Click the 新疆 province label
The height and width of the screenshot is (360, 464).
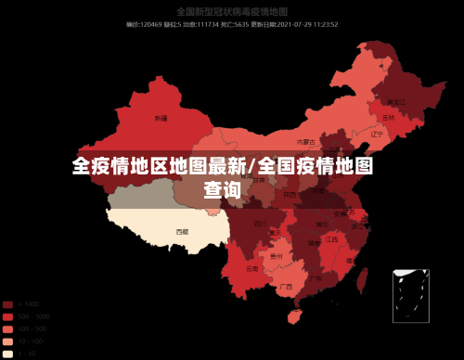161,119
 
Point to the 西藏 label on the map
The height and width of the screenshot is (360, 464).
182,231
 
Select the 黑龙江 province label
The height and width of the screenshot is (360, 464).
396,102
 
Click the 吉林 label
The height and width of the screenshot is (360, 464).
388,119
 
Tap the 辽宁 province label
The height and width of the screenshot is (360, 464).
377,135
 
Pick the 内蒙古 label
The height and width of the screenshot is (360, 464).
305,142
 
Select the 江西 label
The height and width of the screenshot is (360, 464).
331,239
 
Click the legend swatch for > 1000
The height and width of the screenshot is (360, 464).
7,304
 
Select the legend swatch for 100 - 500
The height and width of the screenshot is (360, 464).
7,329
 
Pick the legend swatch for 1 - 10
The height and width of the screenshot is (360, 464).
7,354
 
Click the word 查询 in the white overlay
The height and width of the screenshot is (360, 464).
223,190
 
